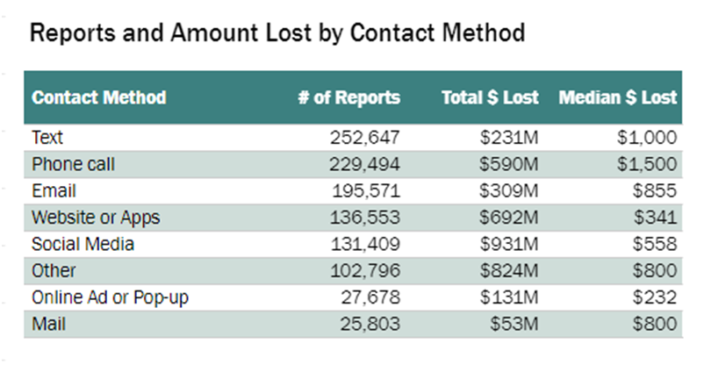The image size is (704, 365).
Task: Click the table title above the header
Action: point(277,33)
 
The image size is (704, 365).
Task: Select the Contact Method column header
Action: point(99,97)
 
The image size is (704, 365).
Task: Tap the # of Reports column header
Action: point(348,97)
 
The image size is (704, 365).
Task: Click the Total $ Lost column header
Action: point(490,97)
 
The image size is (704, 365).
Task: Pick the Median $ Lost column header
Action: point(617,97)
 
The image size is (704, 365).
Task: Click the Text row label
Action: point(47,138)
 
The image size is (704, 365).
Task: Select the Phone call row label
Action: point(73,164)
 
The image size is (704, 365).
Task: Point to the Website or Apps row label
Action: point(96,218)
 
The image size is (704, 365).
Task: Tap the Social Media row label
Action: point(83,244)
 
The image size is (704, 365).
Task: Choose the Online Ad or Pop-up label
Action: point(110,297)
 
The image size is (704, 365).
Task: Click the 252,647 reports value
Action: point(364,138)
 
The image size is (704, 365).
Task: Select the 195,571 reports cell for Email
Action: point(366,190)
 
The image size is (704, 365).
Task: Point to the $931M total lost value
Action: point(509,244)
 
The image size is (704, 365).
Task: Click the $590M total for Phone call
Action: point(509,164)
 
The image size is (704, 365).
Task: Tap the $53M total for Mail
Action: point(514,324)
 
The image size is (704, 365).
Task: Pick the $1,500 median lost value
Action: point(647,164)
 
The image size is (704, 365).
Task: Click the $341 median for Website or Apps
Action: point(655,218)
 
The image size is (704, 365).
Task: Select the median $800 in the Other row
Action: point(655,271)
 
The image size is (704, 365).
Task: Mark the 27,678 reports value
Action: point(370,297)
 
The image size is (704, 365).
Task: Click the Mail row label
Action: point(48,324)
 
